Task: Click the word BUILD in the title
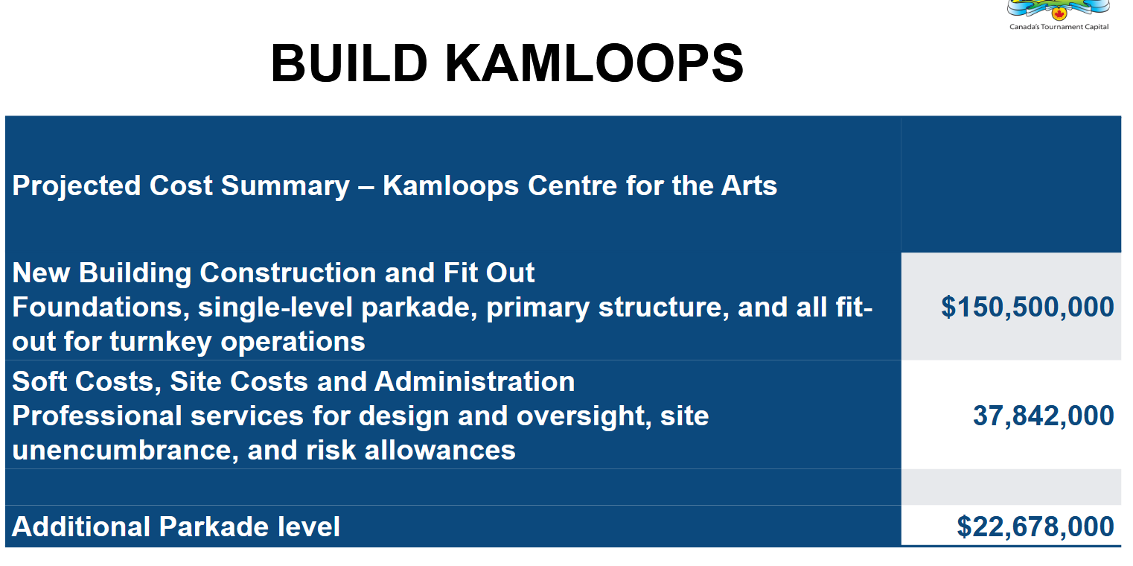pos(350,63)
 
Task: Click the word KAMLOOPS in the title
pos(594,63)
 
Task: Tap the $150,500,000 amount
pos(1027,307)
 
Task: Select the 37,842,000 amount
pos(1044,416)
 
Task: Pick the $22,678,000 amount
pos(1035,527)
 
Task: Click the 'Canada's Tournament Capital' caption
pos(1059,27)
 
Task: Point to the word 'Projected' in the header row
pos(77,186)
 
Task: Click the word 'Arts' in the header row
pos(749,185)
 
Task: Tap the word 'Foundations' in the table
pos(97,307)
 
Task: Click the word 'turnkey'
pos(161,342)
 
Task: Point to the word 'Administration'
pos(475,381)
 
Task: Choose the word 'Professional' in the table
pos(97,416)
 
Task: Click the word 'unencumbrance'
pos(122,450)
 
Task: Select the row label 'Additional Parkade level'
pos(176,527)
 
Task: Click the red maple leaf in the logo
pos(1059,13)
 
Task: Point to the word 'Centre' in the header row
pos(572,185)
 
